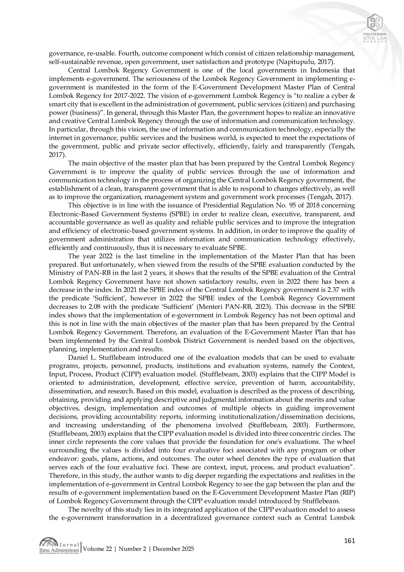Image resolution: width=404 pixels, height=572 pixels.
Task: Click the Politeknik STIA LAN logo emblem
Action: tap(375, 23)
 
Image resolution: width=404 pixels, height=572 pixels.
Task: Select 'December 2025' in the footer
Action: tap(173, 549)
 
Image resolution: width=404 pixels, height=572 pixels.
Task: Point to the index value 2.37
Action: tap(328, 290)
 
